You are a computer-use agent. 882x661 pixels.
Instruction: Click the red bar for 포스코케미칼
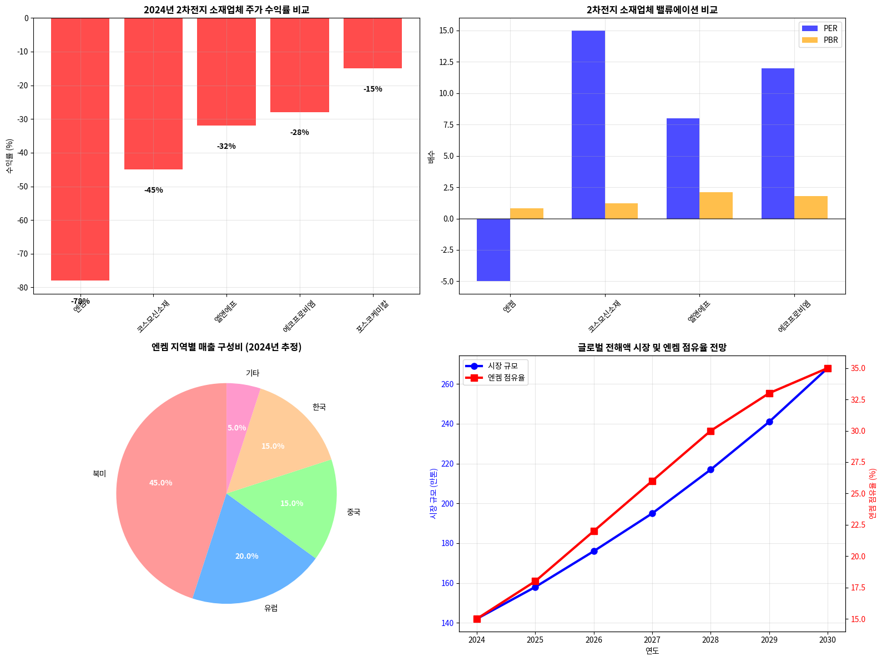coord(372,43)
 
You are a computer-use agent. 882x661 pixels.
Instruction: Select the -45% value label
coord(154,190)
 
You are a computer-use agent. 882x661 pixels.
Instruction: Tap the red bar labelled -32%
coord(226,72)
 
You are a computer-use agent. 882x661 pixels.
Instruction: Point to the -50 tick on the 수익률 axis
coord(26,187)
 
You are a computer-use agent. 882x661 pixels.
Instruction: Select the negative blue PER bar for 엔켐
coord(493,250)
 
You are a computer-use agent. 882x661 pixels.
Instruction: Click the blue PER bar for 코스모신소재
coord(588,124)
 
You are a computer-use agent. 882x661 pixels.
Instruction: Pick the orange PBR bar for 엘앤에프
coord(715,206)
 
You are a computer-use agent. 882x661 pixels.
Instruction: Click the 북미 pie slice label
coord(99,474)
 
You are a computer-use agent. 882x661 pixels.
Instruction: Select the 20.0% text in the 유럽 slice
coord(246,556)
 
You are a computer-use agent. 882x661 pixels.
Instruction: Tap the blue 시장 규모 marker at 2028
coord(710,469)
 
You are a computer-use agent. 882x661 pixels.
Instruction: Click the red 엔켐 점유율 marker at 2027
coord(652,481)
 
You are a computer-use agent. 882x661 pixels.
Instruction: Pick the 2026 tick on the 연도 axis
coord(594,640)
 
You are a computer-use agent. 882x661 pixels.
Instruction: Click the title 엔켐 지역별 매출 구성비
coord(226,347)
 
